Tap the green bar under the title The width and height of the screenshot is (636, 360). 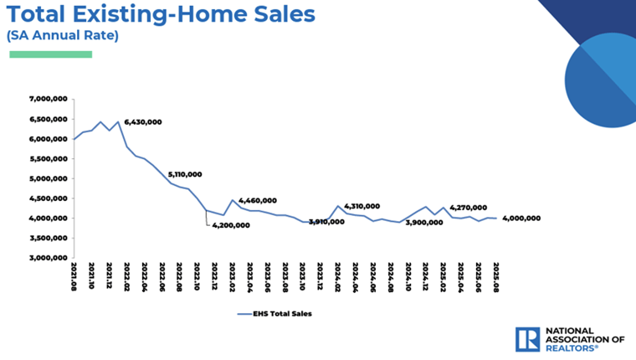pos(50,54)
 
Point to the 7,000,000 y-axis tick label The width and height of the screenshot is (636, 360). pos(48,99)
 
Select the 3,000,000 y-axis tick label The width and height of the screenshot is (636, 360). pos(48,258)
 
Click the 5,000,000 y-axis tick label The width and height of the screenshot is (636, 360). pos(48,178)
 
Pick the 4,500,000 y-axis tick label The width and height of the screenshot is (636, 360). pos(48,198)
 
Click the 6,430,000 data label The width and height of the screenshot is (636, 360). pos(143,122)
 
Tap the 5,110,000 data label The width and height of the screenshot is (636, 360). pos(185,175)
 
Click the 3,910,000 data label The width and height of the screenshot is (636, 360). pos(326,222)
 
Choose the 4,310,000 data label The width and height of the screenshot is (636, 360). pos(362,206)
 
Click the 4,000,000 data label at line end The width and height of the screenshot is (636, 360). pos(520,219)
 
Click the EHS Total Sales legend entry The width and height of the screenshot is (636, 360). pos(276,315)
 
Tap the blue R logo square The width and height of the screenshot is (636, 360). pos(527,338)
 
